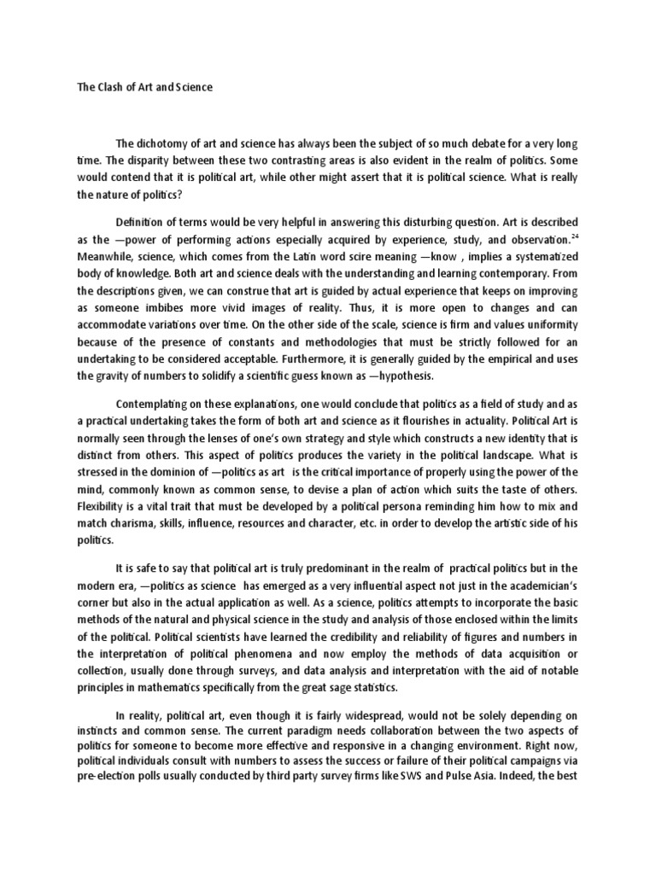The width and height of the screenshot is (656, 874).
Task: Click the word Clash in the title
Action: click(x=108, y=87)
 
